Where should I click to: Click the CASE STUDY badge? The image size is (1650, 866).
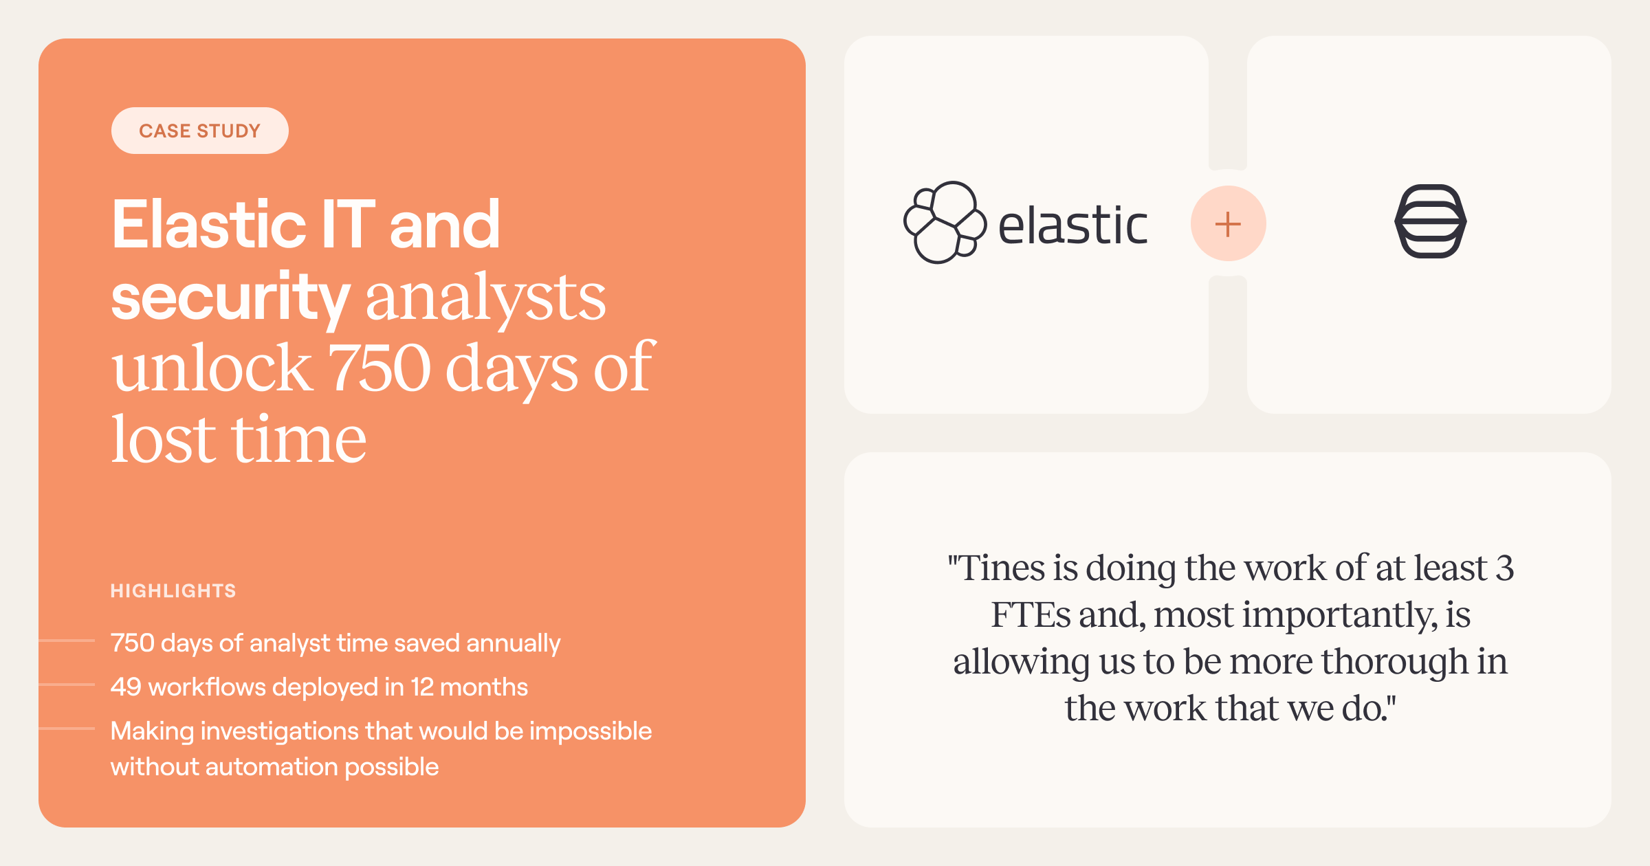click(x=200, y=131)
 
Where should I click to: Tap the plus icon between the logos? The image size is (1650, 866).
click(x=1228, y=224)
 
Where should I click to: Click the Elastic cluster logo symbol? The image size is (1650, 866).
click(x=945, y=223)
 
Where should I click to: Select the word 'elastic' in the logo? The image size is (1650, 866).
click(x=1072, y=225)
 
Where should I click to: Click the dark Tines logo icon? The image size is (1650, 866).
click(x=1431, y=221)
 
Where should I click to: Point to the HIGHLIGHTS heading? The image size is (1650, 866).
click(x=173, y=590)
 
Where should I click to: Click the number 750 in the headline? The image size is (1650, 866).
click(x=379, y=368)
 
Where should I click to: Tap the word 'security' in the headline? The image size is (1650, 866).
click(x=231, y=297)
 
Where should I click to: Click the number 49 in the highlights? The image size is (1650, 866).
click(x=126, y=687)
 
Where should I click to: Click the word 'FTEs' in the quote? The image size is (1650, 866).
click(x=1030, y=614)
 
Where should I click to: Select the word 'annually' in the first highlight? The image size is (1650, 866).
click(x=514, y=643)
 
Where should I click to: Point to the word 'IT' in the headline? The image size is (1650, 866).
click(x=348, y=224)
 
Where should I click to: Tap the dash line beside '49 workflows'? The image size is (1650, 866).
click(x=67, y=685)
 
